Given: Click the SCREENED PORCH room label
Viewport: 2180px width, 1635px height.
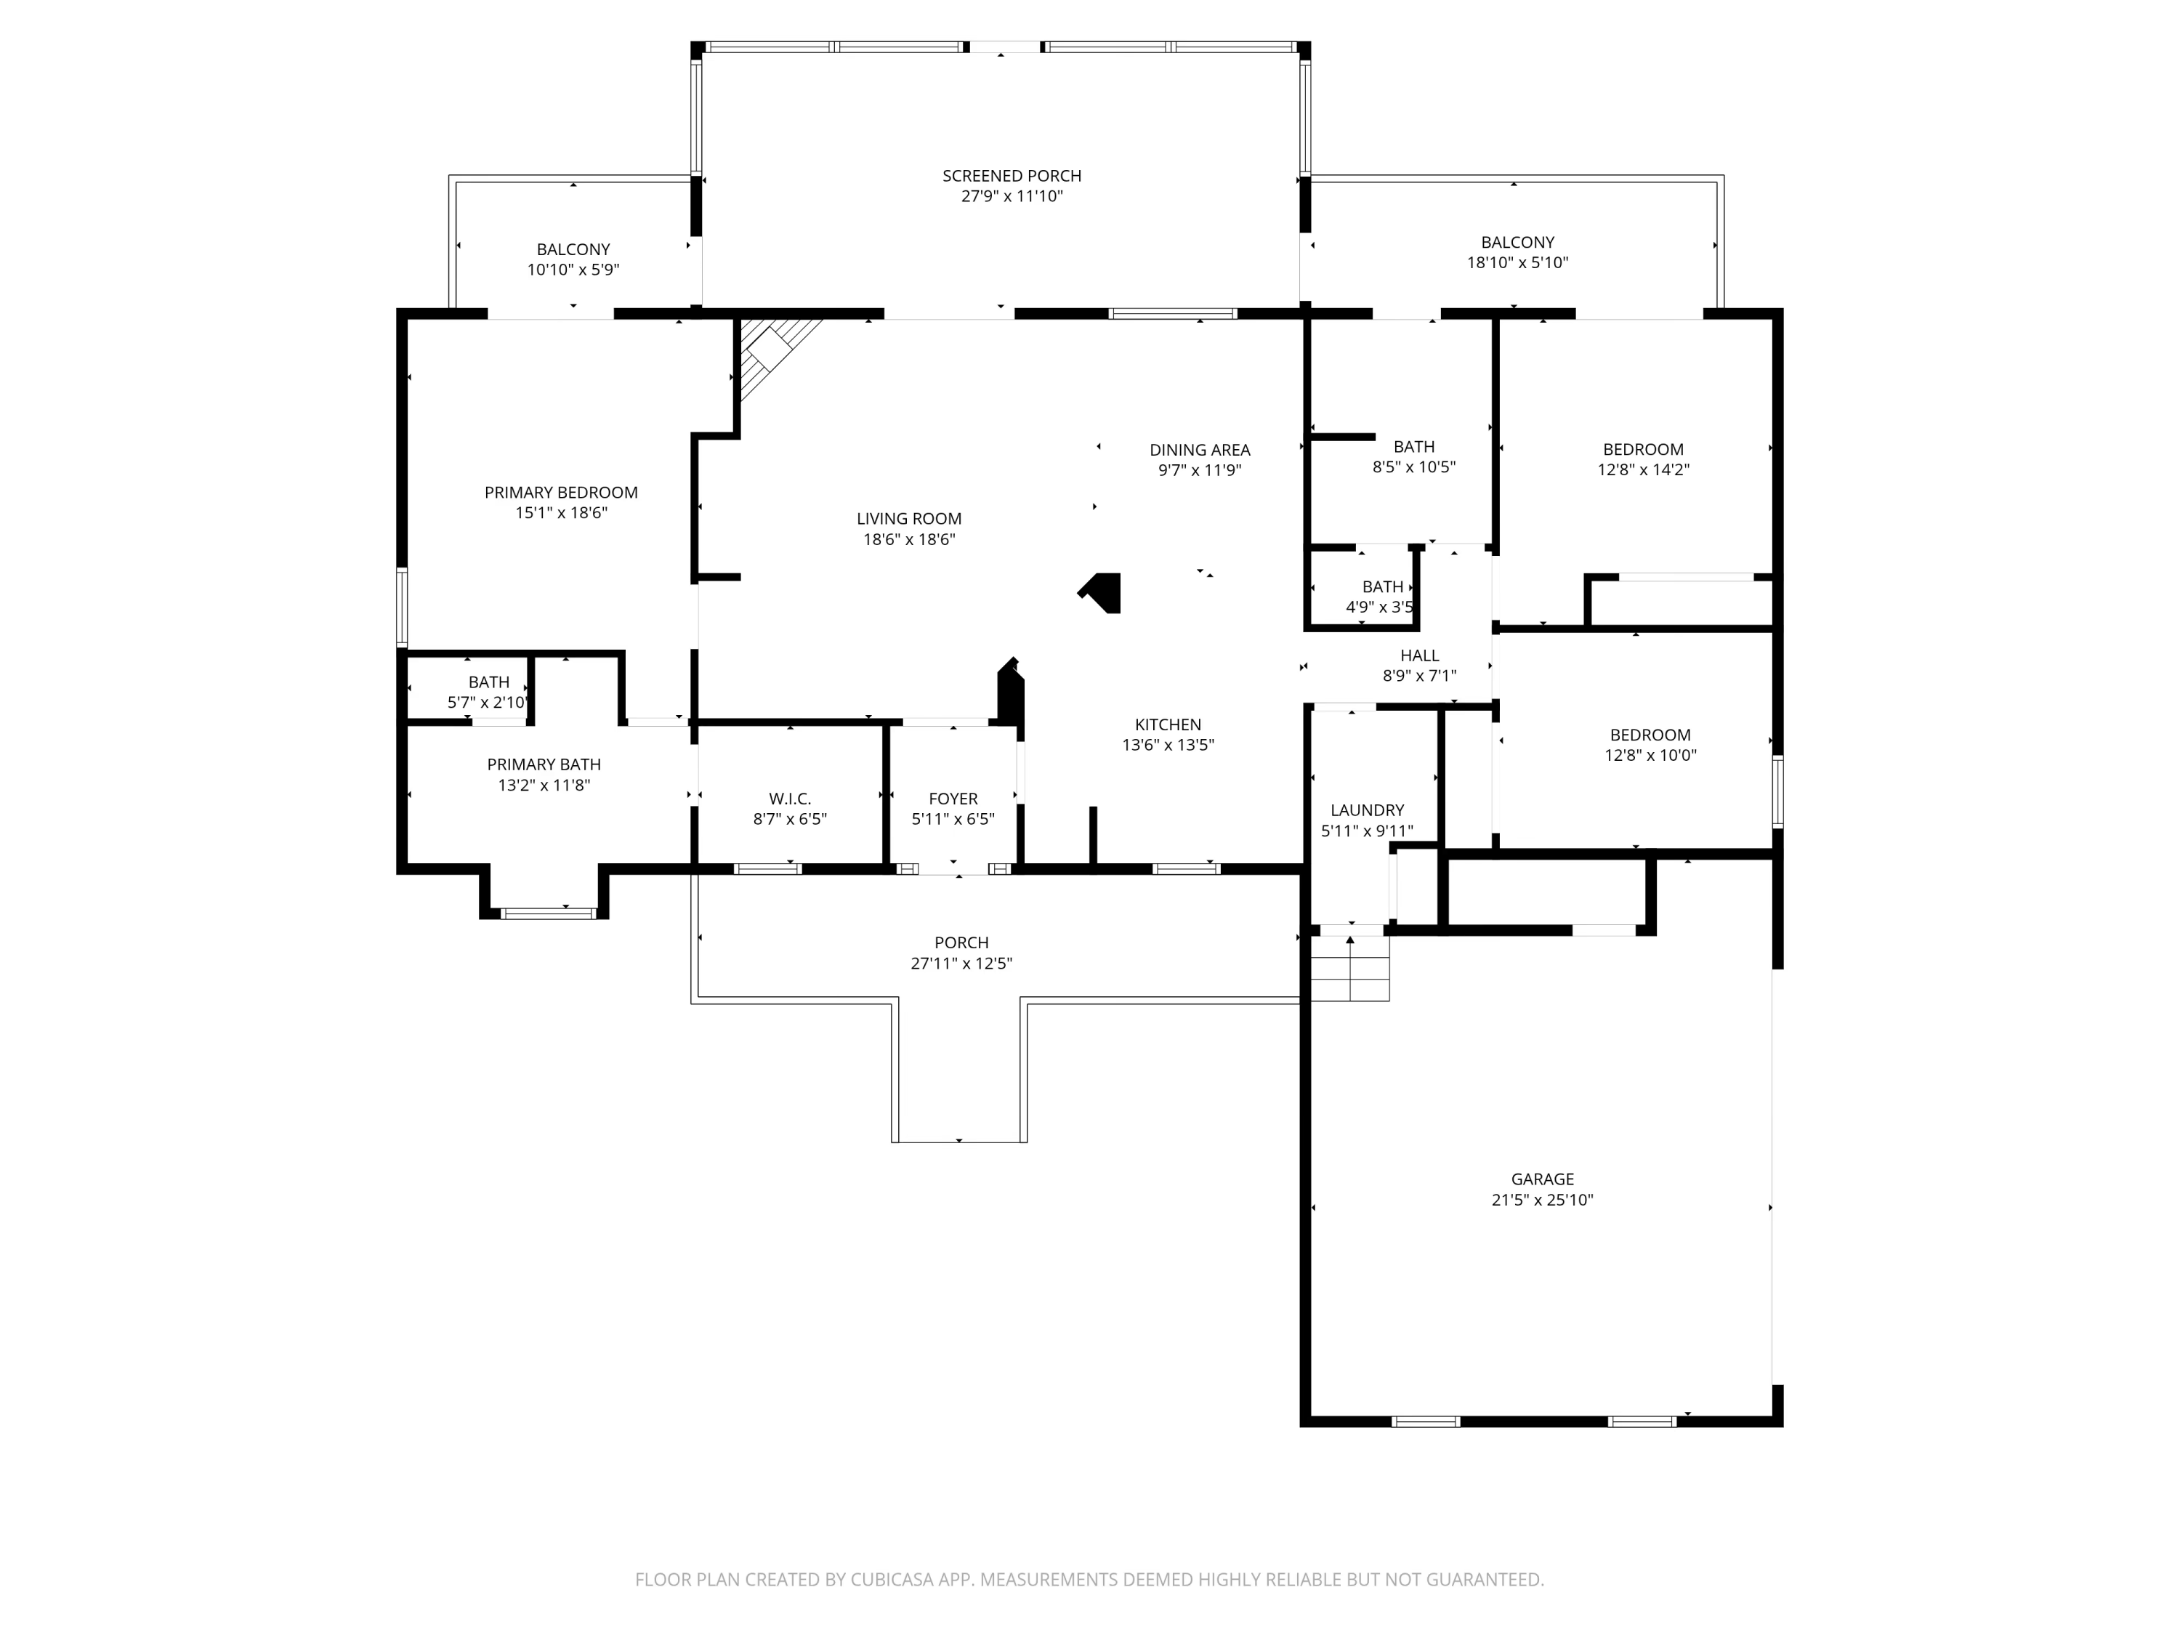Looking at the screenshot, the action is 1012,175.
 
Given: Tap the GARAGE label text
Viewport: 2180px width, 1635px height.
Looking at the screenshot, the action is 1543,1179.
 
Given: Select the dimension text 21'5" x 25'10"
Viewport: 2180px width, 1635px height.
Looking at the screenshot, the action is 1543,1200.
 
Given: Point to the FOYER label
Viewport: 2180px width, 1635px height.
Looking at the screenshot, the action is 953,799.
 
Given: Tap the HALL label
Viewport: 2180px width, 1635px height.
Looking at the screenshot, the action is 1419,655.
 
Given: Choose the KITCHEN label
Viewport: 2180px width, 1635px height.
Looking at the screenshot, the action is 1168,724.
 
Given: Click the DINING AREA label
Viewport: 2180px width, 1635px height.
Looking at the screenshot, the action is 1200,449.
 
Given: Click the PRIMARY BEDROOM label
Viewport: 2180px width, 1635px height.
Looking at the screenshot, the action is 561,492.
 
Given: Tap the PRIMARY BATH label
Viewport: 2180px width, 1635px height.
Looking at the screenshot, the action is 544,764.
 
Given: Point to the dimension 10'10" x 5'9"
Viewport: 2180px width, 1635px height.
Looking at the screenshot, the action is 573,269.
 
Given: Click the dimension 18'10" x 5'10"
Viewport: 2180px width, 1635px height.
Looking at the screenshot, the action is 1518,262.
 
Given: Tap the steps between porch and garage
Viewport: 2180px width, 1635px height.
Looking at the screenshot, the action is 1349,968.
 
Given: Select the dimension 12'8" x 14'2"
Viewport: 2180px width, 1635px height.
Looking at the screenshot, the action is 1643,469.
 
